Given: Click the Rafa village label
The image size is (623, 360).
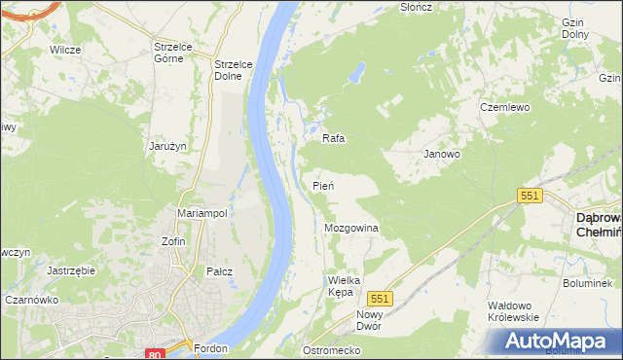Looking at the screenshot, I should pos(334,138).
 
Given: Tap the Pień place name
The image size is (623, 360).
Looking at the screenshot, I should pos(324,185).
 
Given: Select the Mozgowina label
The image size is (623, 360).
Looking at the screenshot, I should pos(350,228).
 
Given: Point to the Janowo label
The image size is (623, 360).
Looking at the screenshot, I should pos(442,154).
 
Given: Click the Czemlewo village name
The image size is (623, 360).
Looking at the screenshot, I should pos(504,107).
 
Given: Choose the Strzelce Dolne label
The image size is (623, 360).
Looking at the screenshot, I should pos(234,70).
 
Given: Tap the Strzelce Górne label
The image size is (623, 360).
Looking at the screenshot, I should pos(175,51).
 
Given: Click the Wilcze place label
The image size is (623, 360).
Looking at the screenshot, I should pos(64,48).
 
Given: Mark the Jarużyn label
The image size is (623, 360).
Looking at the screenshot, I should pos(167,145).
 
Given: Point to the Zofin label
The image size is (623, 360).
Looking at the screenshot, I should pos(174,240).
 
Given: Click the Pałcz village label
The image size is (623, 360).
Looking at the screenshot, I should pos(219,271).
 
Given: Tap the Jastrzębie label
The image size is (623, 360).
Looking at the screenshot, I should pos(70,270).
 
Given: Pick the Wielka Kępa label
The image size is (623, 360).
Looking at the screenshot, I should pos(344,286).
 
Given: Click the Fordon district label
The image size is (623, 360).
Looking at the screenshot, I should pos(210,348).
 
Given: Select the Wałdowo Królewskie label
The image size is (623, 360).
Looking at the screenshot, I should pos(513,311).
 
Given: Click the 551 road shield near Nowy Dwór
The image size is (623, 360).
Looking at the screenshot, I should pos(381,299).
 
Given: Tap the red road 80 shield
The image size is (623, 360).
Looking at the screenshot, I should pos(154,354).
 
